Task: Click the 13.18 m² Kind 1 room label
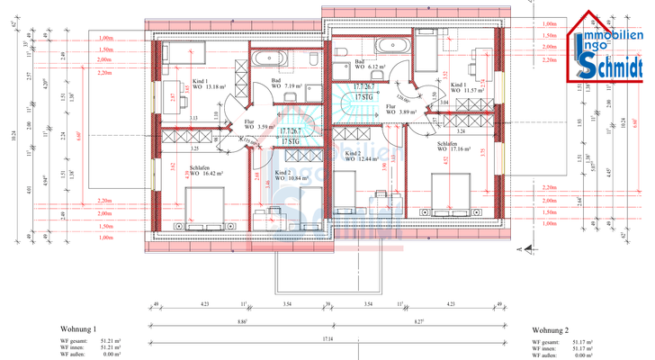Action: pyautogui.click(x=209, y=85)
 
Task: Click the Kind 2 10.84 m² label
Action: pyautogui.click(x=291, y=175)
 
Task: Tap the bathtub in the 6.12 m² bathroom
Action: pyautogui.click(x=391, y=46)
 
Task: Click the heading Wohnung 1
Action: pyautogui.click(x=78, y=329)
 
